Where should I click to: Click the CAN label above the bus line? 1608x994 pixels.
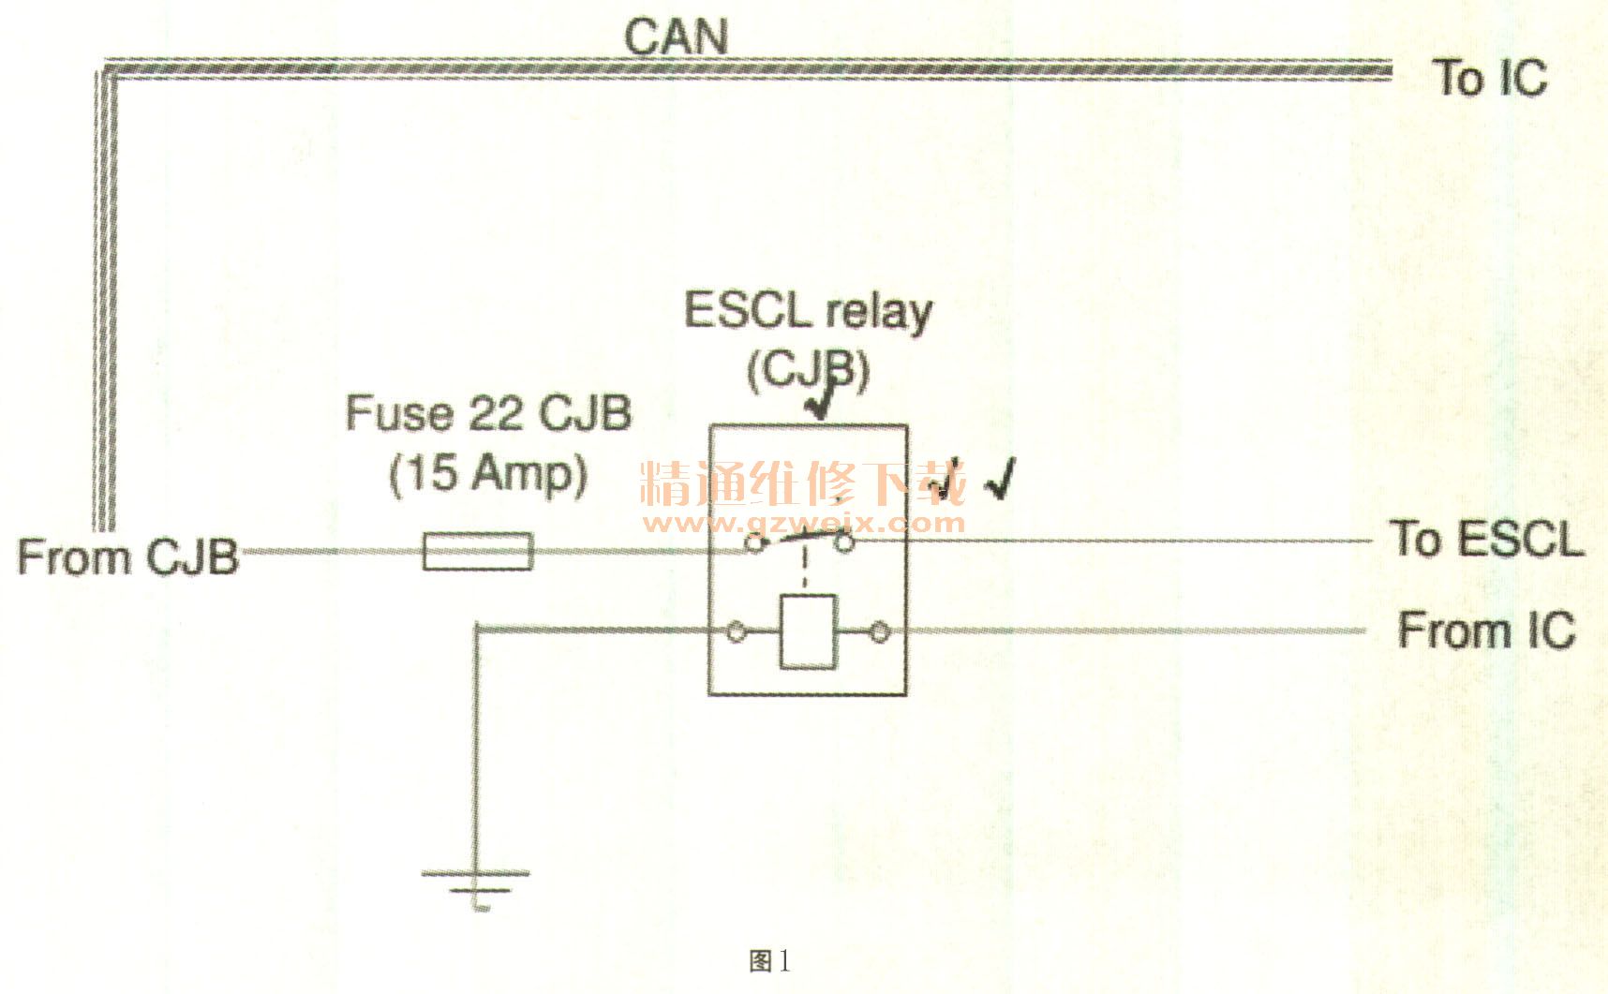tap(676, 37)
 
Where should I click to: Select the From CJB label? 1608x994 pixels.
tap(128, 556)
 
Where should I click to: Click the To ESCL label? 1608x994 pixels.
tap(1487, 539)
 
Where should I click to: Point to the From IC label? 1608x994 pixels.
tap(1486, 630)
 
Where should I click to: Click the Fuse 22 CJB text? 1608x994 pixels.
tap(488, 413)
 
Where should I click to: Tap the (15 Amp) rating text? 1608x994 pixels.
tap(488, 473)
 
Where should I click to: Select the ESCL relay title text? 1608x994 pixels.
tap(808, 311)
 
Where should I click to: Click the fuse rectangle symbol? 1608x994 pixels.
tap(478, 551)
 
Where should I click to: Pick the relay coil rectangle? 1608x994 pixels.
tap(808, 631)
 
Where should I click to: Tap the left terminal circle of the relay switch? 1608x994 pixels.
tap(752, 542)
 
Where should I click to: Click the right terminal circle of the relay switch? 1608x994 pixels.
tap(844, 542)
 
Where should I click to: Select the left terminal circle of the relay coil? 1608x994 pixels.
tap(737, 633)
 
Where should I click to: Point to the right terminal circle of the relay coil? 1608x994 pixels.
tap(880, 633)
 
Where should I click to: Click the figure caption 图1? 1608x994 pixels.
tap(769, 961)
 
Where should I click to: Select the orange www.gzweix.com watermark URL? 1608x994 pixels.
tap(802, 522)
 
